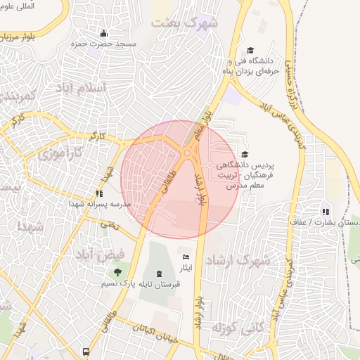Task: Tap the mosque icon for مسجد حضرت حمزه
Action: (x=104, y=33)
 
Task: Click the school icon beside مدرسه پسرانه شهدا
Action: (x=99, y=193)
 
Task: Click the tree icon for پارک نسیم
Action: (x=117, y=272)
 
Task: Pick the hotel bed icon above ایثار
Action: (x=186, y=257)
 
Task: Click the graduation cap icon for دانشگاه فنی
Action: (x=250, y=51)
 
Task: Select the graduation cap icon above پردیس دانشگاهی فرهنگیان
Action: (x=245, y=154)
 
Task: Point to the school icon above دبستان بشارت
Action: (x=325, y=211)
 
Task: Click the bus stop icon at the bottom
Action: (x=85, y=351)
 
